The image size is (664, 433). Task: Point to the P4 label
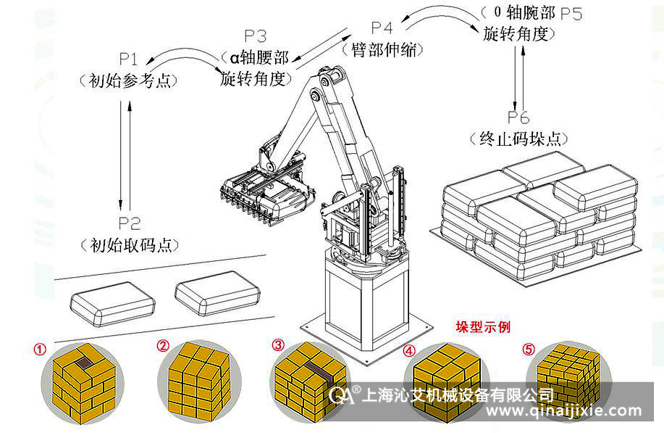tap(382, 28)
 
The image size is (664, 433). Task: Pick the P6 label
tap(518, 117)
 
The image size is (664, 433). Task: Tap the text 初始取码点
tap(128, 244)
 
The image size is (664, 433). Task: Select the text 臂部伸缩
tap(382, 49)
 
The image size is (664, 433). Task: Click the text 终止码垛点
tap(518, 139)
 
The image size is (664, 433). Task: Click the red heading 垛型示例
tap(482, 327)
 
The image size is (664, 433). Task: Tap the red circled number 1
tap(40, 347)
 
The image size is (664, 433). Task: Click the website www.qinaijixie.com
tap(564, 411)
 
